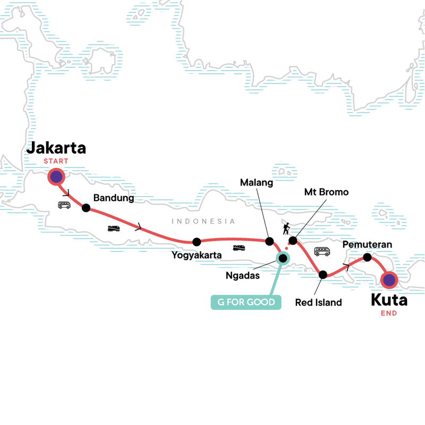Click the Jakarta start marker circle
point(56,177)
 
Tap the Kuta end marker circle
point(389,280)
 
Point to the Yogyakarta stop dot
point(197,242)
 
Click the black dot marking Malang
point(269,241)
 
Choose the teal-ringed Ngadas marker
point(283,259)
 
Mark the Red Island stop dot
point(322,275)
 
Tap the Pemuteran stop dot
point(367,258)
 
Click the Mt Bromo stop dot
point(292,241)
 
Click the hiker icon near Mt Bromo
point(286,228)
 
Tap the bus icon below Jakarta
point(64,205)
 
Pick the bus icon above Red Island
point(322,251)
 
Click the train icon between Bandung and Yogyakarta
point(114,228)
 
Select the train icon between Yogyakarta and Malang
point(239,248)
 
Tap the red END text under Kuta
point(389,313)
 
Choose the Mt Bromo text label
point(327,192)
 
